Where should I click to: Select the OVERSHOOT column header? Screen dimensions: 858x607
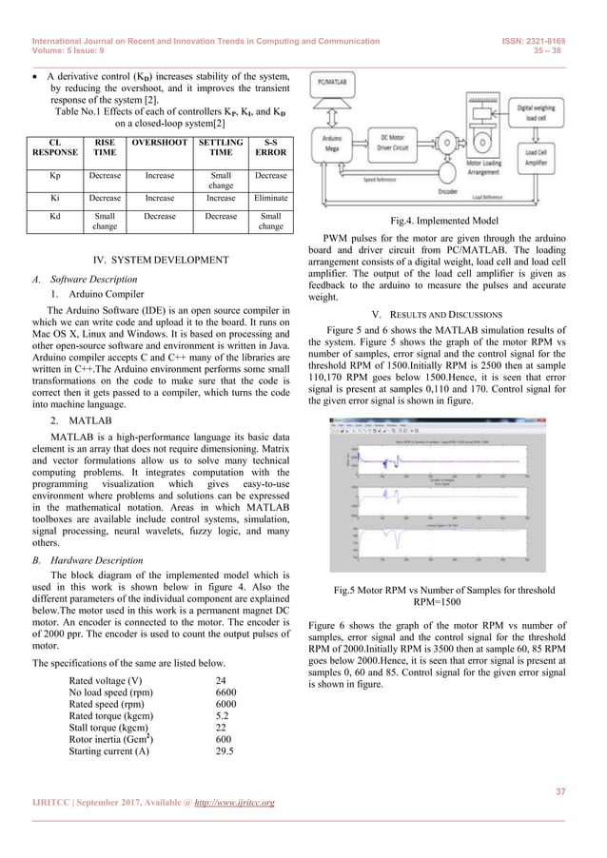[160, 143]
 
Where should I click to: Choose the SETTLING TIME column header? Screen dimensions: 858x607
[220, 147]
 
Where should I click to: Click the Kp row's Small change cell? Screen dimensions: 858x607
[220, 181]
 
